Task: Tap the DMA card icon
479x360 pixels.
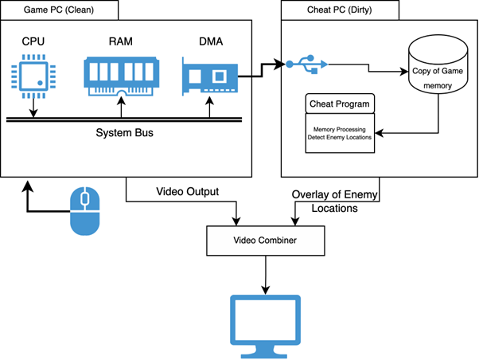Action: coord(208,77)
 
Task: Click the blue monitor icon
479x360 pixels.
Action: coord(265,325)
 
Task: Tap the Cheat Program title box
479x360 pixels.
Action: coord(340,104)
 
